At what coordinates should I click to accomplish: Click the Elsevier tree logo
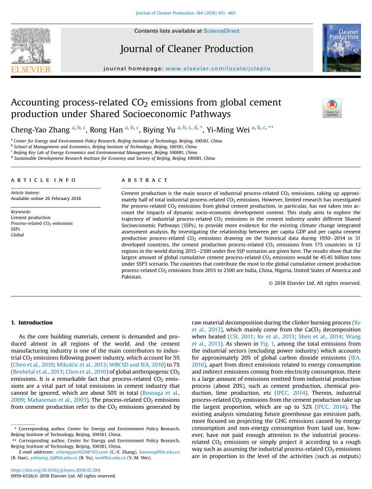pos(30,47)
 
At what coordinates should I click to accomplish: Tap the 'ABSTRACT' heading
pos(143,180)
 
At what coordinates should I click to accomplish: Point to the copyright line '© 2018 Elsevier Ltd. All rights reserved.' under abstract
pos(314,283)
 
